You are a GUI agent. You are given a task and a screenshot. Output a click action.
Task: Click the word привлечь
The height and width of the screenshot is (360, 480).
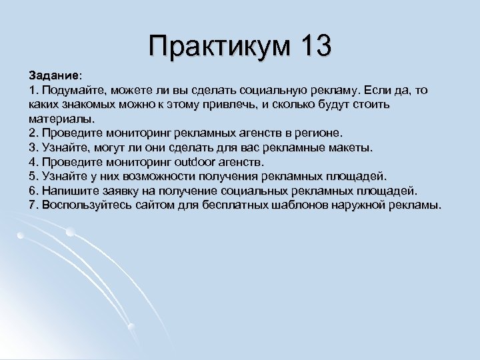point(239,105)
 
